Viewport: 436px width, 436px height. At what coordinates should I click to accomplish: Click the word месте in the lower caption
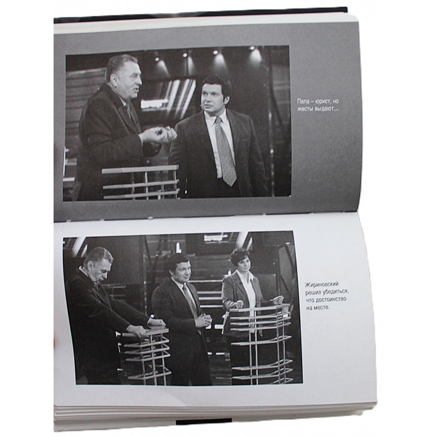322,308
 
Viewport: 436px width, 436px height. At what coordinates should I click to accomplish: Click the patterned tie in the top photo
225,151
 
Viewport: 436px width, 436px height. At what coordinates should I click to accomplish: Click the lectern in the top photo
140,182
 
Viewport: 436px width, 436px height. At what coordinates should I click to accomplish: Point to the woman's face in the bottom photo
242,265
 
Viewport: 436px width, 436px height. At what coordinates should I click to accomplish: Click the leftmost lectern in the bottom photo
145,356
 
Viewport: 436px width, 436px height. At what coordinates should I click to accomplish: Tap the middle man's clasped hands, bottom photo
204,320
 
